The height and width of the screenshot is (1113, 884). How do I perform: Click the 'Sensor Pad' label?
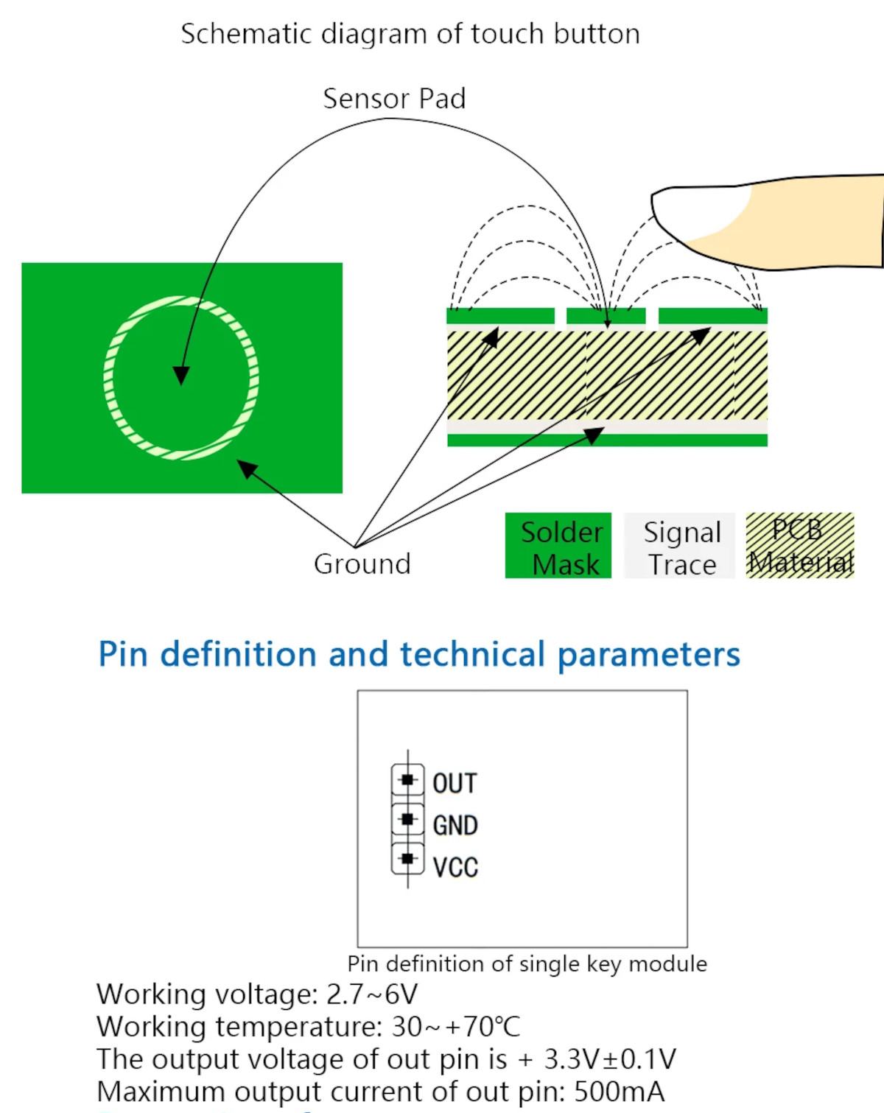point(394,99)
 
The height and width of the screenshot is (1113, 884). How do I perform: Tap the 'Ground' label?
point(362,564)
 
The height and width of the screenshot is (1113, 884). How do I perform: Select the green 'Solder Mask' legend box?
point(558,546)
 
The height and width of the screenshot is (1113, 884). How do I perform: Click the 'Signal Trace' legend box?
point(680,546)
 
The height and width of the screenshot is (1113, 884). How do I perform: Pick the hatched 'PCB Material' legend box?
point(800,546)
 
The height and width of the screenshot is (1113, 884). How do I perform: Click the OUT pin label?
point(455,784)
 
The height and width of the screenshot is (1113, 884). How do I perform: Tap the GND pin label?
point(455,826)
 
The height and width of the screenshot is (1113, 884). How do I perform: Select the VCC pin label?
point(455,868)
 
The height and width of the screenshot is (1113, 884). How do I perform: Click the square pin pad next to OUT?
point(407,779)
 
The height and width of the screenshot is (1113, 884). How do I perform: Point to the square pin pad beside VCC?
point(407,859)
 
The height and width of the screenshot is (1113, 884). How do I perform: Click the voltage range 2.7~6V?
point(372,994)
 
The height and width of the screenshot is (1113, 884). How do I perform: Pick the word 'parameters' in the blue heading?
point(648,654)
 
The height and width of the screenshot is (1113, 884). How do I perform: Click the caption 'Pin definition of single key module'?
point(527,964)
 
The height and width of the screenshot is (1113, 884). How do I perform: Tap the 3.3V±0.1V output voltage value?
point(609,1059)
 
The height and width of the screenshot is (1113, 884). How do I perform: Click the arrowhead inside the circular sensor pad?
point(180,375)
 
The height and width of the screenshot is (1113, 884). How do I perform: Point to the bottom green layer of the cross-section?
point(607,440)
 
